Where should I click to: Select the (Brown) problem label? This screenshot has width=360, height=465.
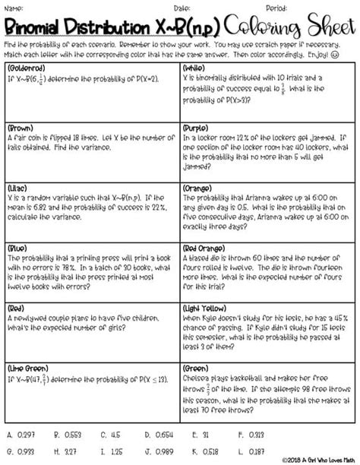pos(21,129)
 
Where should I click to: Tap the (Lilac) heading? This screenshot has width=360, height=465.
pos(19,188)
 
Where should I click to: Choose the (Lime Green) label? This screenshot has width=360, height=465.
pos(29,368)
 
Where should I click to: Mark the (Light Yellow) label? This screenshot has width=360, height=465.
pos(209,308)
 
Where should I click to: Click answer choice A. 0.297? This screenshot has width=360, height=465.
pos(21,436)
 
